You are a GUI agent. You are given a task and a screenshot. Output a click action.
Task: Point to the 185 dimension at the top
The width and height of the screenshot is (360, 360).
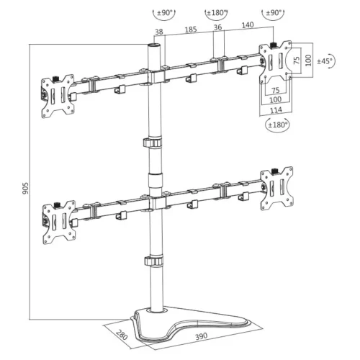191,30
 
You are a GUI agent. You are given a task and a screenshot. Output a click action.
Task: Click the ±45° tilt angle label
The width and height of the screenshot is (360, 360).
324,62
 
